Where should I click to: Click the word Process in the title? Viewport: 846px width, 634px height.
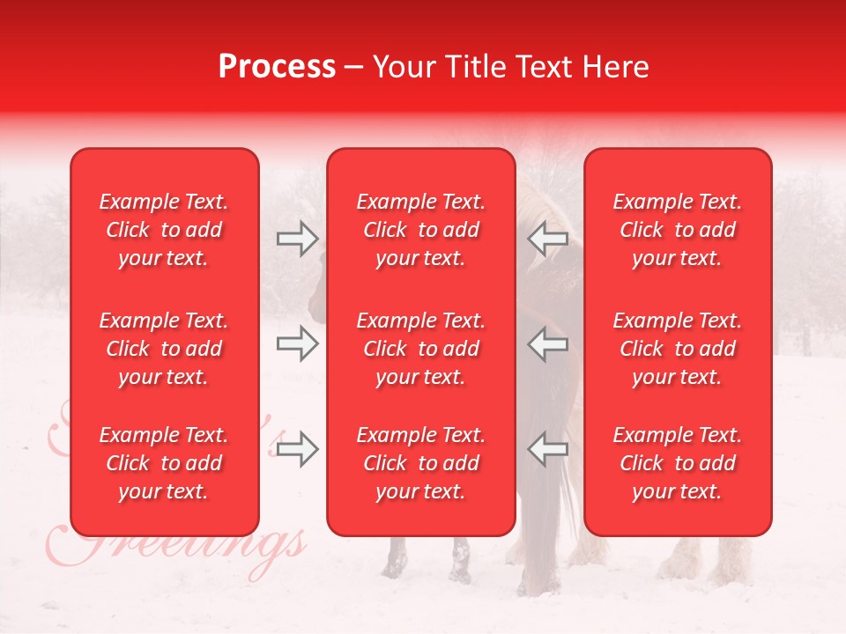(x=277, y=67)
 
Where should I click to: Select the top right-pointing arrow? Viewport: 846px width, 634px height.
(x=297, y=240)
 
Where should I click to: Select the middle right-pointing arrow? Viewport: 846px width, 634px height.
(x=297, y=343)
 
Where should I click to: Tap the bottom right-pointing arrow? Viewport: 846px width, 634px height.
(x=297, y=449)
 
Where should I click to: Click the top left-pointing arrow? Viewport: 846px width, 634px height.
(x=548, y=240)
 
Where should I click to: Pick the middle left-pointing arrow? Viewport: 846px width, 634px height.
(x=548, y=343)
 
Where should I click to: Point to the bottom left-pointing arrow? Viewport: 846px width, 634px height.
(x=548, y=449)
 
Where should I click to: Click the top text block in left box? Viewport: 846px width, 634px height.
(x=164, y=230)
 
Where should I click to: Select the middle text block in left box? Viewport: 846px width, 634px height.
(x=164, y=349)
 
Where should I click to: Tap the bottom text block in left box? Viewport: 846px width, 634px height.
(x=164, y=463)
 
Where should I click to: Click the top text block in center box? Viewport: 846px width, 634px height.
(x=420, y=230)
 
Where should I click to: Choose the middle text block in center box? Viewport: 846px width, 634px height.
(x=420, y=349)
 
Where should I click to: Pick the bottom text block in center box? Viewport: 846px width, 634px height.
(x=420, y=463)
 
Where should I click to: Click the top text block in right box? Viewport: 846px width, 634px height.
(x=678, y=230)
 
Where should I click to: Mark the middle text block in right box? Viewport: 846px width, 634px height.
(x=678, y=349)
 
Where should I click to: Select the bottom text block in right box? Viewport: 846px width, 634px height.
(x=678, y=463)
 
